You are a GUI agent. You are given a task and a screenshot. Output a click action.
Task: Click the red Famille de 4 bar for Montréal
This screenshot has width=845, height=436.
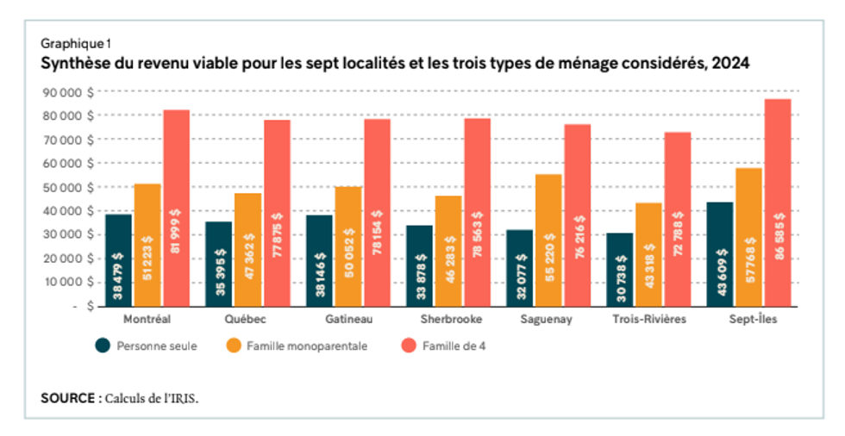177,207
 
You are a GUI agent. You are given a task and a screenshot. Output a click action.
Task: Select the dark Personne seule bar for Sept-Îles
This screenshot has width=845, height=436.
719,253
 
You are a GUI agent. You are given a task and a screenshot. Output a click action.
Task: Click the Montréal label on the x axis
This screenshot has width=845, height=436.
147,319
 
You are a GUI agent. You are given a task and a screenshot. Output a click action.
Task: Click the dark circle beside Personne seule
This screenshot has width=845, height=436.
103,345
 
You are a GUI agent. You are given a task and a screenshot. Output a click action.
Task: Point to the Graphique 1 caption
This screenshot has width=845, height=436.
76,42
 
